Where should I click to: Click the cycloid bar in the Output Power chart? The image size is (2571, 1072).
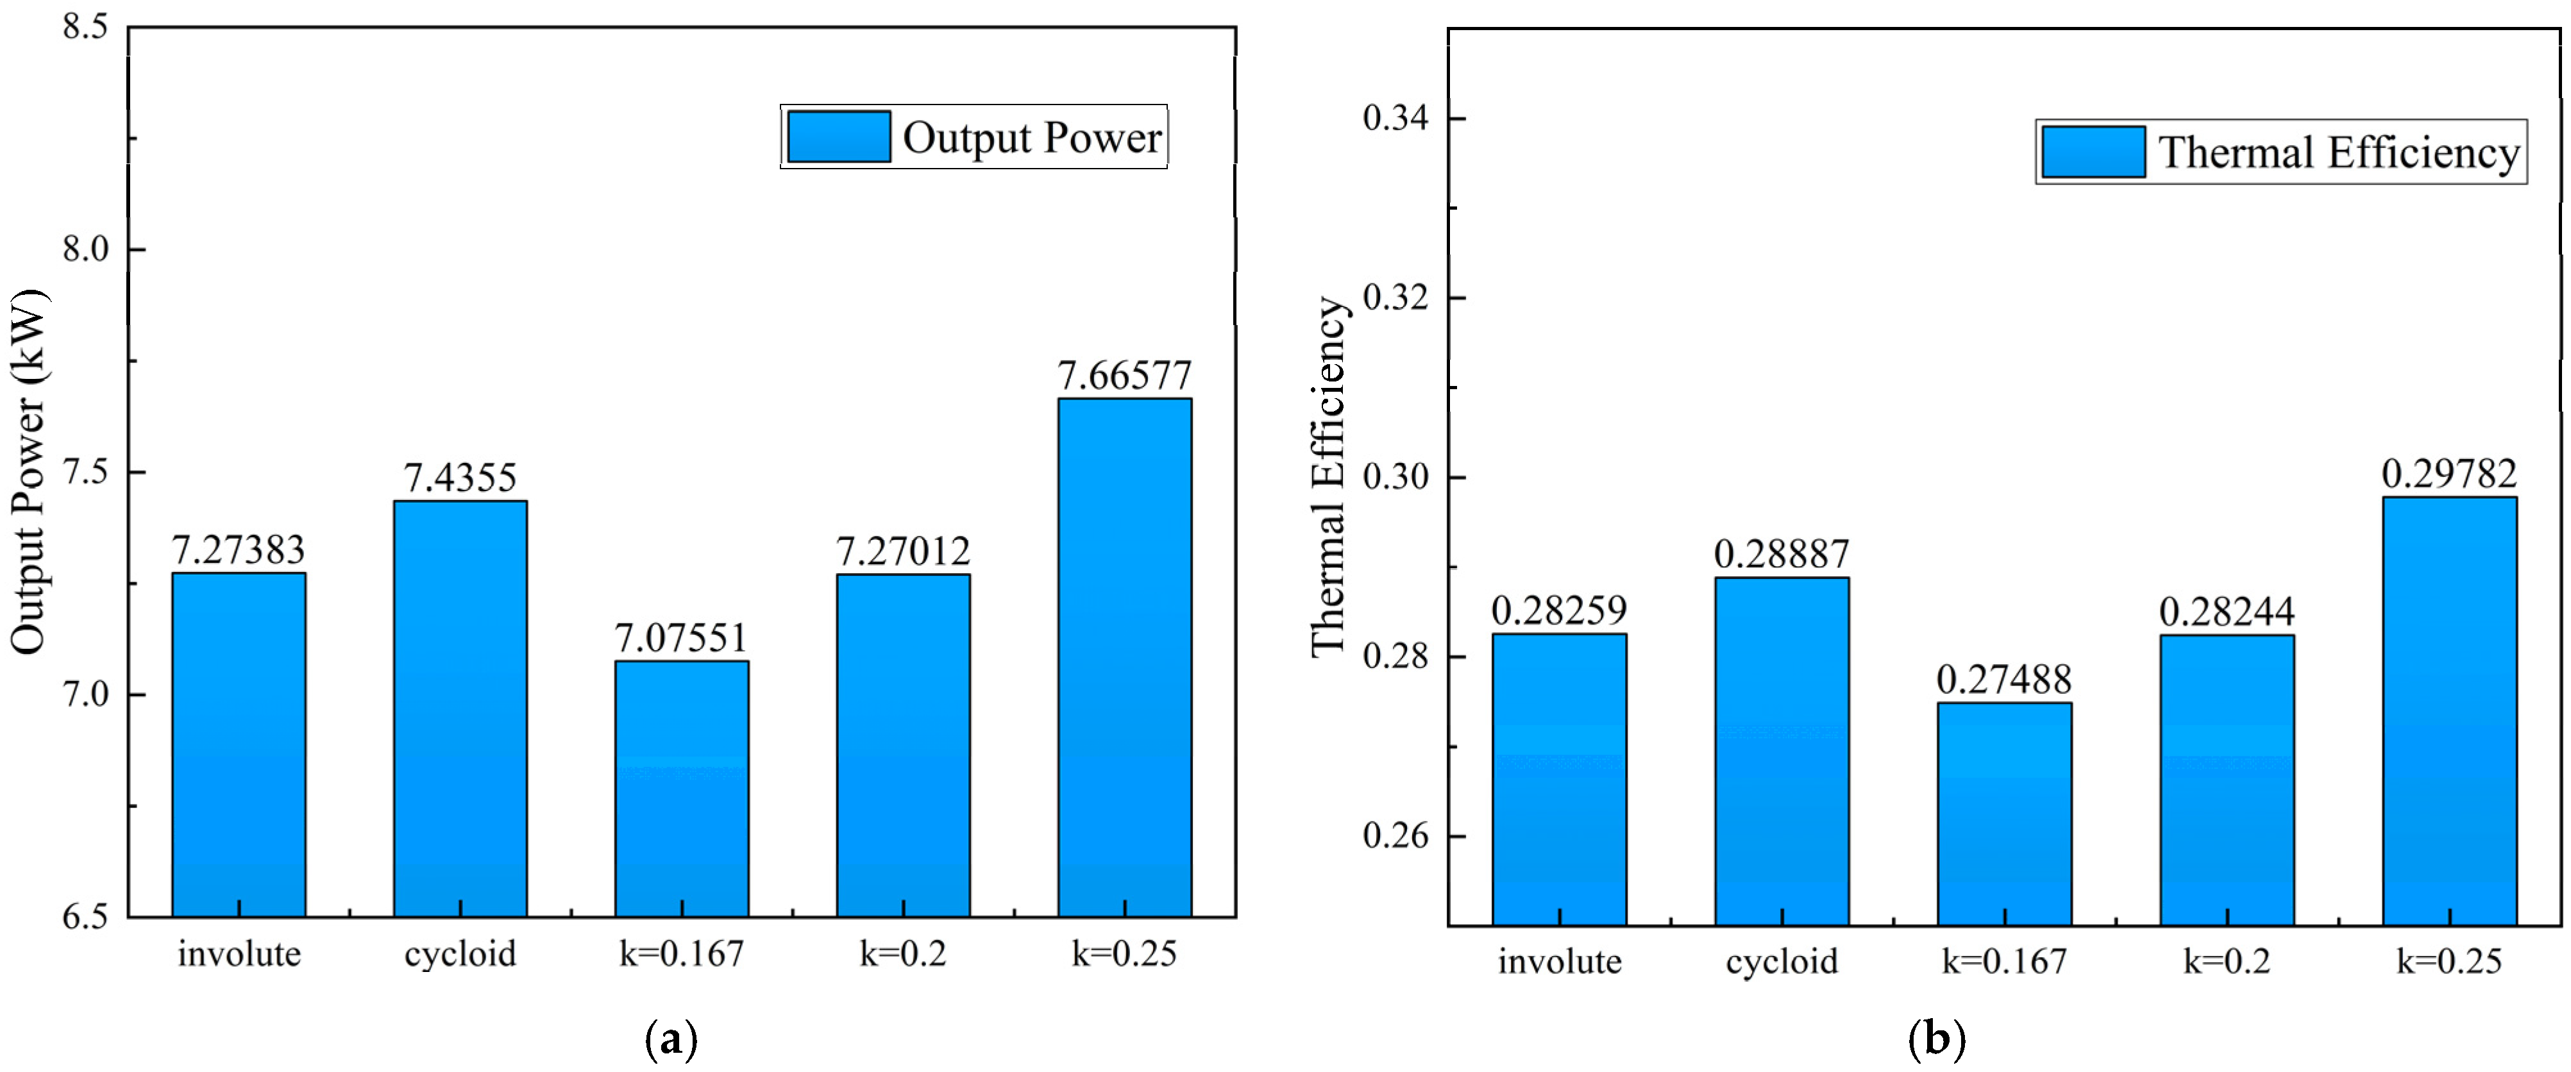[460, 708]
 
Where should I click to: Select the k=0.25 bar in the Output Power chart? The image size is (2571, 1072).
[1125, 658]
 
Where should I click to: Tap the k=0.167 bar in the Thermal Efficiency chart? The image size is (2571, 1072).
[2004, 814]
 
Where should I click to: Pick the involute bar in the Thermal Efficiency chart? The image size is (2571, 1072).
[1559, 778]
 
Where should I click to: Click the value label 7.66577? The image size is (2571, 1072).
[1125, 376]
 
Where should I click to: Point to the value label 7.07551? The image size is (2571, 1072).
[682, 638]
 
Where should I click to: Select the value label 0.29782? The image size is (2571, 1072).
[2449, 473]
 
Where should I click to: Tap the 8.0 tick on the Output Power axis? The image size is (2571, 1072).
[86, 249]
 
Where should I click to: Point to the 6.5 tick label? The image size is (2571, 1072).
[86, 916]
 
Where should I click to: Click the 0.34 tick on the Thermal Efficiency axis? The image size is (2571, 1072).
[1395, 118]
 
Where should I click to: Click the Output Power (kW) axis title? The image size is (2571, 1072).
[28, 472]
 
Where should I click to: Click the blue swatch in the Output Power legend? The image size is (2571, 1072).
[838, 137]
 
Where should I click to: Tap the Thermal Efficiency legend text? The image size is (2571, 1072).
[2338, 153]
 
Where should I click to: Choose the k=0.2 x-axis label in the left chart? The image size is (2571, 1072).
[902, 954]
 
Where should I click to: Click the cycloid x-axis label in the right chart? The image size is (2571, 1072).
[1782, 961]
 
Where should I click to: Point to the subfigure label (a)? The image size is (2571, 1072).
[671, 1040]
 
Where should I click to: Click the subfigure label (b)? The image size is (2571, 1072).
[1936, 1040]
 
